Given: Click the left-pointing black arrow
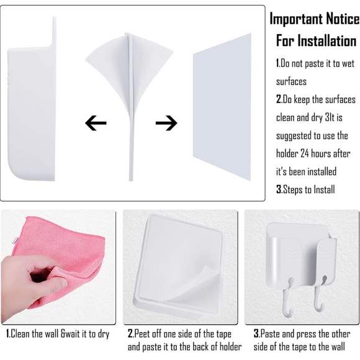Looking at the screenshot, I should tap(96, 123).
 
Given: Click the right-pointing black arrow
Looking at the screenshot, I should tap(166, 123).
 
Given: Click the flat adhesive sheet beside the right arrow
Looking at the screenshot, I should tap(221, 106).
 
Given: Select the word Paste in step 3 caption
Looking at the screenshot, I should tap(272, 334).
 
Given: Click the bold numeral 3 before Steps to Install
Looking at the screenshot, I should tap(279, 190).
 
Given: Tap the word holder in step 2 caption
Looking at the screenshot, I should tap(228, 347).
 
